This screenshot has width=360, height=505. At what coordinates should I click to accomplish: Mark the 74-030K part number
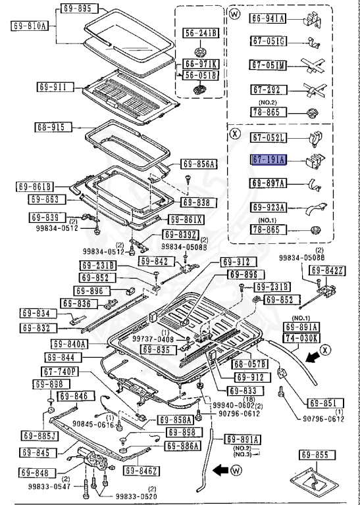301,337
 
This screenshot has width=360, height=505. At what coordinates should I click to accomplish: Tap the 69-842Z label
327,270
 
